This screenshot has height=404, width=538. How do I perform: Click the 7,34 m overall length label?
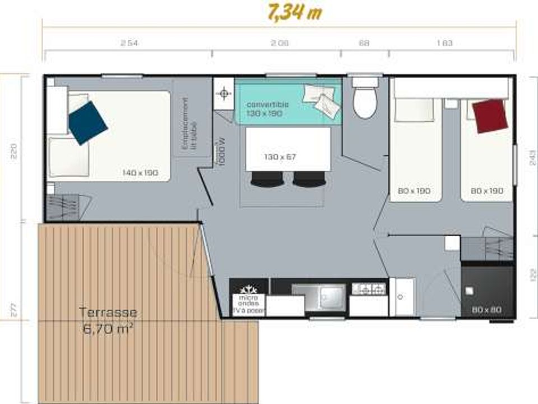[x=295, y=12]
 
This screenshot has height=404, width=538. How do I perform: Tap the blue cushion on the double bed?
[x=87, y=122]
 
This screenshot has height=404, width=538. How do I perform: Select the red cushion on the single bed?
[x=490, y=116]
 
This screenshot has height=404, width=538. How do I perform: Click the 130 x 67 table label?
[x=280, y=157]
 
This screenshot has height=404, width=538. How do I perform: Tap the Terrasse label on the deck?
[x=108, y=313]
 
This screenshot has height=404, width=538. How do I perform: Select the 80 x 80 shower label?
[x=486, y=310]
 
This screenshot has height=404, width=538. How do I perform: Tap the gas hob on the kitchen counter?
[x=369, y=289]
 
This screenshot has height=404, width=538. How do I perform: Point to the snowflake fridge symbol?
[x=248, y=290]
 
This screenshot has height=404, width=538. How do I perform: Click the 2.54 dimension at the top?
[x=129, y=43]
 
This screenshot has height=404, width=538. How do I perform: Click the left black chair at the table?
[x=267, y=179]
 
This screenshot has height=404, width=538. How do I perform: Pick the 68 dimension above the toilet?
[x=364, y=43]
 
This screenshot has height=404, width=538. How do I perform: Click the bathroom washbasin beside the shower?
[x=402, y=296]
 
